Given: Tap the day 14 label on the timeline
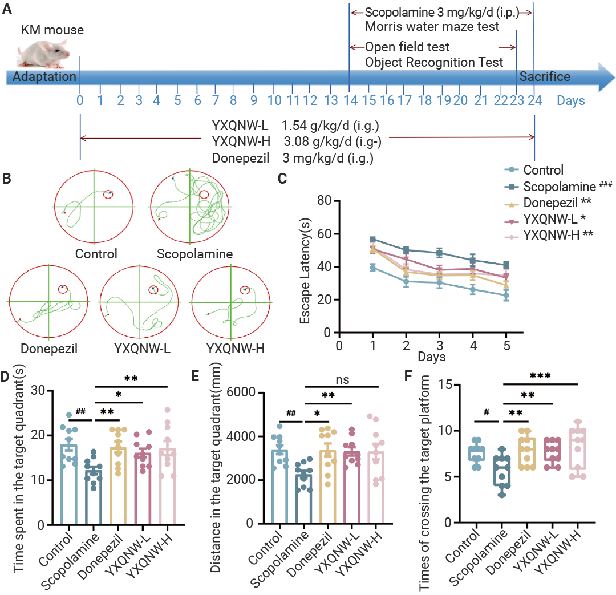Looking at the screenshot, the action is click(350, 100).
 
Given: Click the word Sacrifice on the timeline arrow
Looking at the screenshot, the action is click(545, 76).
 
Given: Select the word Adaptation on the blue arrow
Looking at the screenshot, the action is click(44, 76).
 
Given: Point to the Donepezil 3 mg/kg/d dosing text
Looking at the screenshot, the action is click(293, 158).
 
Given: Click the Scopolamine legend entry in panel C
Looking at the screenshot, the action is click(558, 186).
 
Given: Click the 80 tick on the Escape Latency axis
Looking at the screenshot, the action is click(324, 200).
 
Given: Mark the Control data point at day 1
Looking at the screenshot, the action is click(373, 268).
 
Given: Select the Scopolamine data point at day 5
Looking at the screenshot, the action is click(506, 265).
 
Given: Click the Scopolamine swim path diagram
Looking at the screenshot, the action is click(190, 207).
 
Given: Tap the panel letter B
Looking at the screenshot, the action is click(6, 179).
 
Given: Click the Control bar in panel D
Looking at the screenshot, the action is click(69, 484).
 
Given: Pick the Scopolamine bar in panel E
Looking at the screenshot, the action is click(303, 499).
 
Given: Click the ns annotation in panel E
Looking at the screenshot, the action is click(342, 379).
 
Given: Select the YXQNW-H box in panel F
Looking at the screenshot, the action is click(577, 449).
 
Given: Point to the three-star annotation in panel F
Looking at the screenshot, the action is click(540, 376).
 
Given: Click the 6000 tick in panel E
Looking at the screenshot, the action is click(241, 392).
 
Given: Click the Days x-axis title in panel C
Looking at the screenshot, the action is click(431, 357).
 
